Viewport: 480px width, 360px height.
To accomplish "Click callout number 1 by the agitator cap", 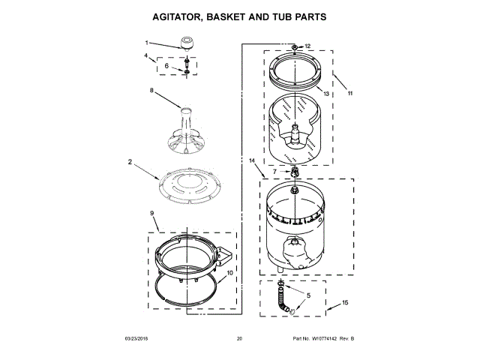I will [x=146, y=43].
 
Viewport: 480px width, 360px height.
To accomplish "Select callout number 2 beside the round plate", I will [x=130, y=161].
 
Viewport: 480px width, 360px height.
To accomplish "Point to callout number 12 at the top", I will [x=307, y=46].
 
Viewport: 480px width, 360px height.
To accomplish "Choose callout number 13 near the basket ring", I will [x=326, y=94].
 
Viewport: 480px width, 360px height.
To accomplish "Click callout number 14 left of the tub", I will [x=252, y=161].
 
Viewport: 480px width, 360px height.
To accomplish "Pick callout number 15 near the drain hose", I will [x=346, y=302].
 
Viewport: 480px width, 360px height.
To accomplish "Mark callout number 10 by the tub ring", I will [x=229, y=272].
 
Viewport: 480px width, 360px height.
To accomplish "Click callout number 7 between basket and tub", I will [x=275, y=172].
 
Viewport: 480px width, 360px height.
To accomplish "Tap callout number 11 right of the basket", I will [x=349, y=94].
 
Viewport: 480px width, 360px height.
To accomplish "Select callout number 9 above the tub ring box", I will [x=152, y=214].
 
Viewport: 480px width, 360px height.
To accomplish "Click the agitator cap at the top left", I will [x=183, y=43].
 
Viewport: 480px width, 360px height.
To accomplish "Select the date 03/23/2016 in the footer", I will [x=136, y=340].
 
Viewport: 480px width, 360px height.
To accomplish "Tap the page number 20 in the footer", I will [x=239, y=340].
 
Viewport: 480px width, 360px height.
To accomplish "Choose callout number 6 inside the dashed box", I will [x=166, y=66].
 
